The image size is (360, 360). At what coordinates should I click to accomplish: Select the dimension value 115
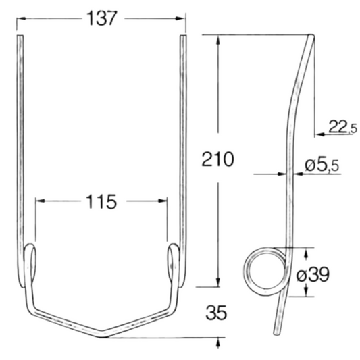tap(101, 201)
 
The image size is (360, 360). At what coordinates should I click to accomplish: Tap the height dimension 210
tap(217, 160)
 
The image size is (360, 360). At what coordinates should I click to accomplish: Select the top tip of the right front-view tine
tap(182, 38)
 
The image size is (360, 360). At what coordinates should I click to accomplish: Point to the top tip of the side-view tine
tap(310, 37)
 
